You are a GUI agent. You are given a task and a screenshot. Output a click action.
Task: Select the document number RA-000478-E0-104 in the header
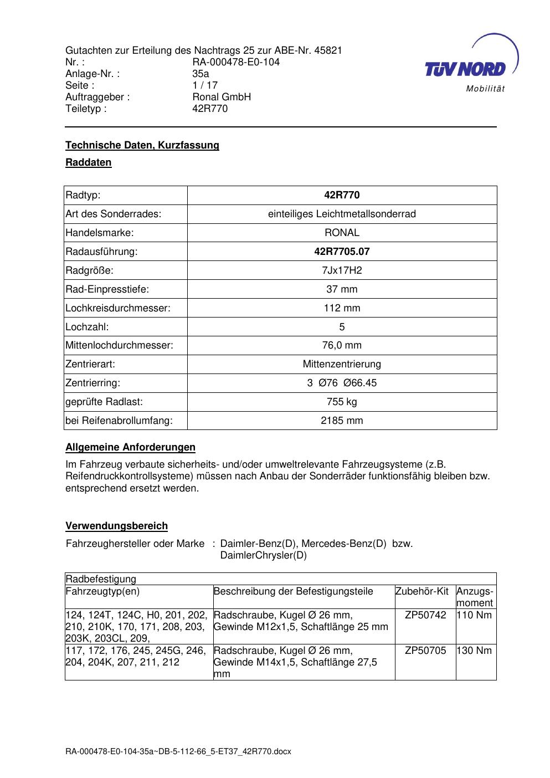tap(235, 62)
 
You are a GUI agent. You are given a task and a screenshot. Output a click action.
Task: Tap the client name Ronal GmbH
tap(221, 97)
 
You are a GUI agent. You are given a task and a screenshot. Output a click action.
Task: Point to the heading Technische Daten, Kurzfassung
tap(142, 145)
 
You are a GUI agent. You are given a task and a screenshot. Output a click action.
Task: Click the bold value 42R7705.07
tap(342, 252)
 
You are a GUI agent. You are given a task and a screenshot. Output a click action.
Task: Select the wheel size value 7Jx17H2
tap(342, 270)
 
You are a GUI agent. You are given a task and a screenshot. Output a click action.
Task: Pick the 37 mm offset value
tap(342, 289)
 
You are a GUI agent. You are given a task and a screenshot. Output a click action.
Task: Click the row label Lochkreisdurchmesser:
tap(118, 308)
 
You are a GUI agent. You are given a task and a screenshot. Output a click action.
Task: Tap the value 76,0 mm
tap(342, 345)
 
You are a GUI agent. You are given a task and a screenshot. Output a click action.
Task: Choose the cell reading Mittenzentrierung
tap(342, 364)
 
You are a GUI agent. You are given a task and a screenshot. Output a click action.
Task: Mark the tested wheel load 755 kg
tap(342, 402)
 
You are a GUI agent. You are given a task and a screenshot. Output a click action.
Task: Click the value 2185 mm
tap(342, 421)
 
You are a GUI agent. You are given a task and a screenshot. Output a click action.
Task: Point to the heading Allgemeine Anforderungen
tap(130, 447)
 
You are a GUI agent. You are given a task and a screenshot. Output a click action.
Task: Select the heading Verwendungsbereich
tap(116, 526)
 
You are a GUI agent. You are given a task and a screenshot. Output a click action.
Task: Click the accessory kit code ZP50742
tap(425, 615)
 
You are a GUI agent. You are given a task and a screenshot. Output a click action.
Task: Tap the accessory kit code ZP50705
tap(425, 651)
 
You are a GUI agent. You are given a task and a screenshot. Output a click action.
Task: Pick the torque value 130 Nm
tap(475, 651)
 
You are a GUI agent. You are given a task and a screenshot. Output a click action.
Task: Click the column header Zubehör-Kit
tap(422, 591)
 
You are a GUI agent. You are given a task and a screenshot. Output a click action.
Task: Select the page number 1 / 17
tap(205, 85)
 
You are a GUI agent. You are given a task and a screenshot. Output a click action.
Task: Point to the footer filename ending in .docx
tap(178, 752)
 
